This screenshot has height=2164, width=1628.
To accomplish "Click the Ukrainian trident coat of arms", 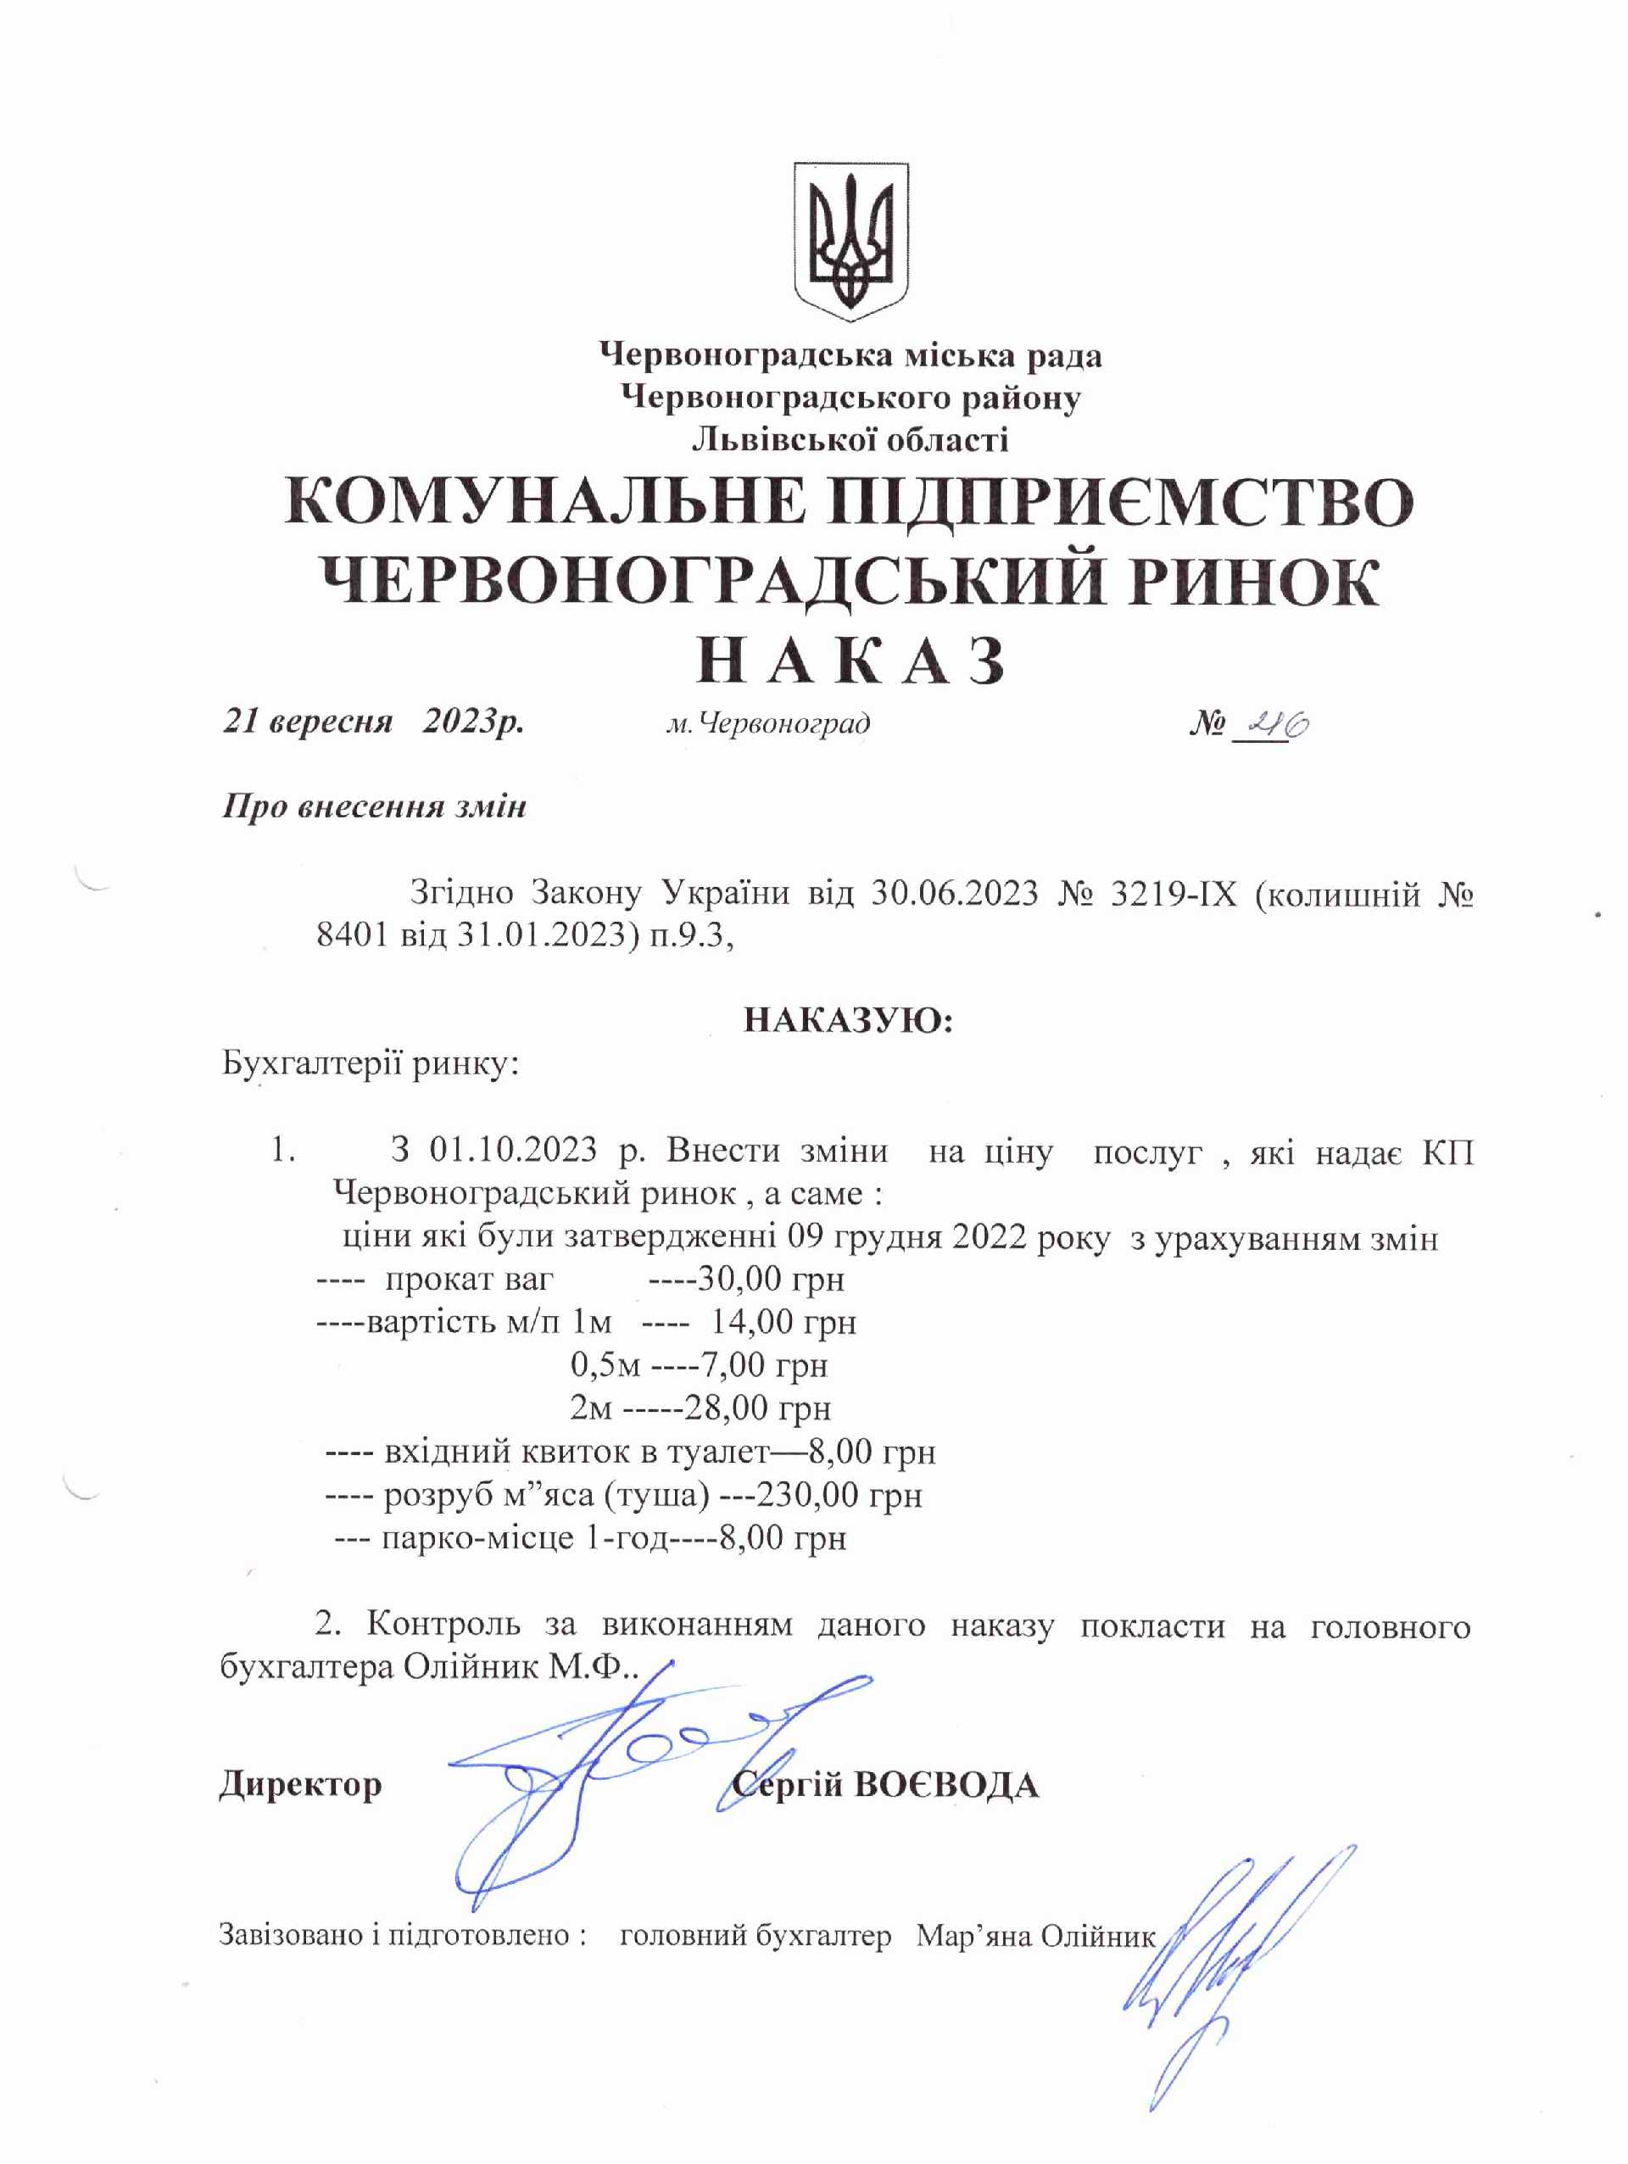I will (x=850, y=241).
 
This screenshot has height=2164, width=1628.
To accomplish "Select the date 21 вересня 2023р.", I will (x=374, y=722).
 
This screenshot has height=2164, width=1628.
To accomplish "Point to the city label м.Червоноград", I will (x=768, y=724).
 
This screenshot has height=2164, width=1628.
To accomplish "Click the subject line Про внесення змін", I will (x=374, y=806).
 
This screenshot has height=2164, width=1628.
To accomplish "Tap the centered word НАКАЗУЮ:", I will (x=848, y=1020).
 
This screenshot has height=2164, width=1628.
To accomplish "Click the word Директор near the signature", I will (x=300, y=1783).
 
